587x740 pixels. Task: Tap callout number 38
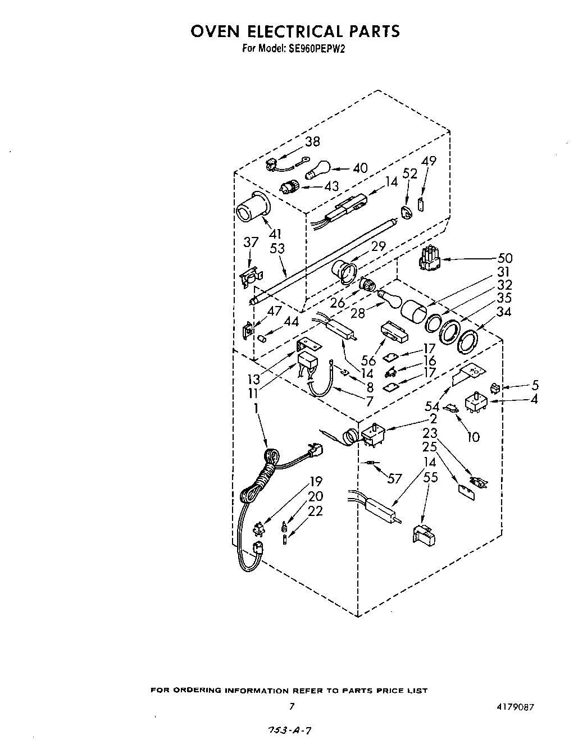pyautogui.click(x=312, y=142)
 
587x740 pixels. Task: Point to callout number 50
pyautogui.click(x=504, y=259)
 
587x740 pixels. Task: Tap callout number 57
pyautogui.click(x=394, y=478)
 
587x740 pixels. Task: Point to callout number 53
pyautogui.click(x=277, y=248)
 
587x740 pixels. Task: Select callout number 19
pyautogui.click(x=316, y=481)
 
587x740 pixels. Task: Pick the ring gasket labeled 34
pyautogui.click(x=468, y=340)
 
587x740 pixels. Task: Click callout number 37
pyautogui.click(x=251, y=243)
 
